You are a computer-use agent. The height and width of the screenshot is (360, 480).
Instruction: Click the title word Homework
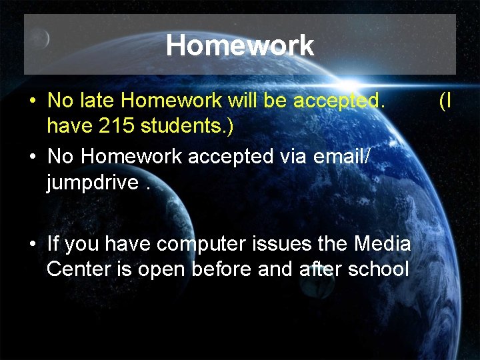tap(239, 45)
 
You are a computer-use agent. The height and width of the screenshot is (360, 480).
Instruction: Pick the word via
tap(291, 156)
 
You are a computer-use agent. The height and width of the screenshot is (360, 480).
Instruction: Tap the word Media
tap(382, 244)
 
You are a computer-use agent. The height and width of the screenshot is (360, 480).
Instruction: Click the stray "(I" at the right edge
tap(445, 101)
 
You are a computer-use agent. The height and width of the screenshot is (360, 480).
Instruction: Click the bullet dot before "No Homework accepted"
tap(32, 157)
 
